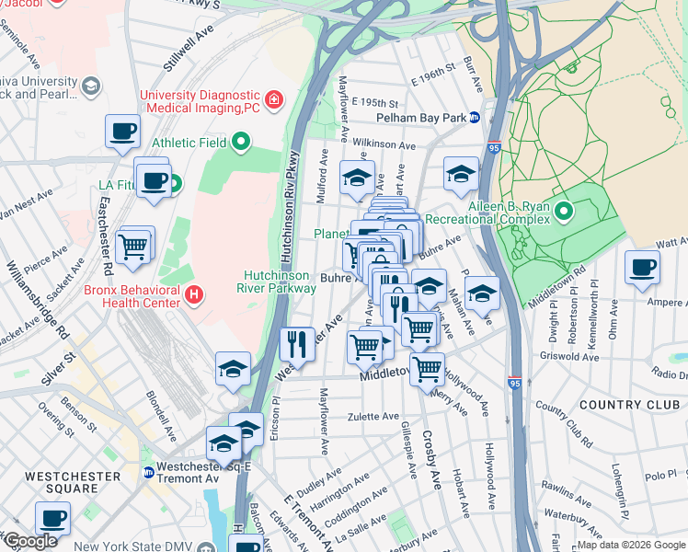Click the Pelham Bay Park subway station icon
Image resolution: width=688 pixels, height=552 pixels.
click(474, 118)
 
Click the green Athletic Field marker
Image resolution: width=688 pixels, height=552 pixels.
click(241, 142)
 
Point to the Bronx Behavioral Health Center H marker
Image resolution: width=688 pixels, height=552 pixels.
click(194, 295)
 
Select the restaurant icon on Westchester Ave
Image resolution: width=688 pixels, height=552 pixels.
click(297, 344)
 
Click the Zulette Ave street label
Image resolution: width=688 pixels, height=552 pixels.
click(373, 417)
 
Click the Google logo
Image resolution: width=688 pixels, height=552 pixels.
click(30, 541)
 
